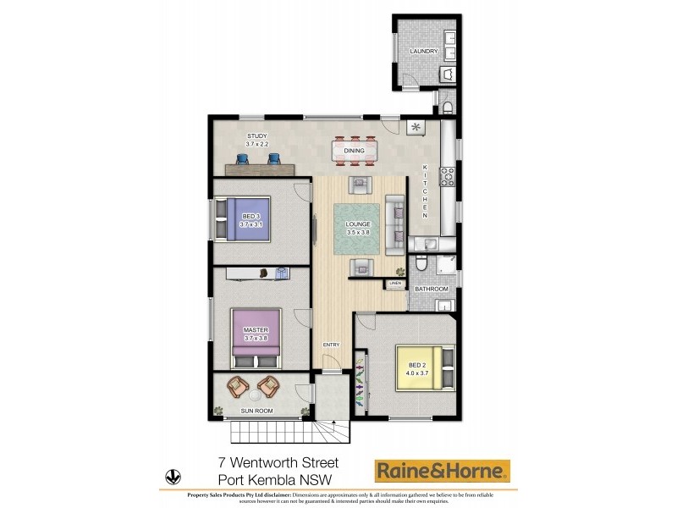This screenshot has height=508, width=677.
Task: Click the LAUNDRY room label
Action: [x=423, y=52]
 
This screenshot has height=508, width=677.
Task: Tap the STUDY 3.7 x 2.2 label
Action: [x=256, y=140]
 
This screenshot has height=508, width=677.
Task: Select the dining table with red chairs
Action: [x=355, y=151]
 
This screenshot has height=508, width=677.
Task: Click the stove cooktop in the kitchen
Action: [x=448, y=176]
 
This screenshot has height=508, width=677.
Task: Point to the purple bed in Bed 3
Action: [x=242, y=220]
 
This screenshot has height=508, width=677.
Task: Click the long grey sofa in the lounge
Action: [x=395, y=225]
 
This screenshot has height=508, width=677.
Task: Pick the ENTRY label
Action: [x=331, y=345]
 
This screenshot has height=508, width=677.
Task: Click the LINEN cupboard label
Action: [x=394, y=284]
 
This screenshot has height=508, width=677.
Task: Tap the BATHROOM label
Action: [x=431, y=290]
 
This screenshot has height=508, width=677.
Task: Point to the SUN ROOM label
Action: [x=256, y=411]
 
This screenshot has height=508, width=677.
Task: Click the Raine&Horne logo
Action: [x=443, y=471]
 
